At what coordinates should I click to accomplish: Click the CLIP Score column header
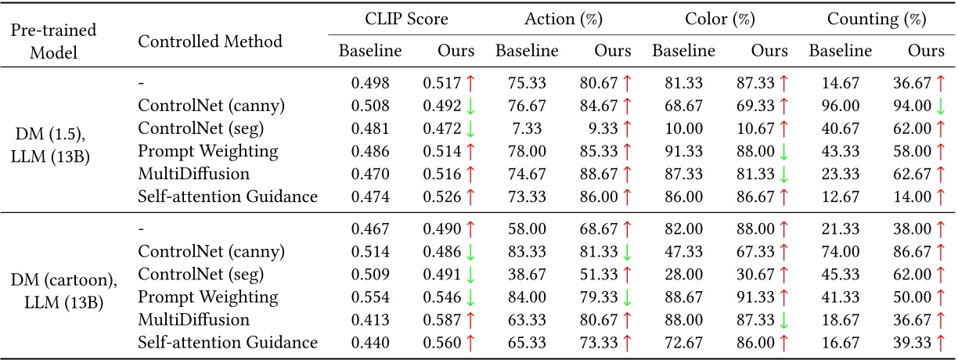[x=406, y=18]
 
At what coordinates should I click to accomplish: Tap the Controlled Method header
[x=210, y=41]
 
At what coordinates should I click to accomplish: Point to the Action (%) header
[x=563, y=18]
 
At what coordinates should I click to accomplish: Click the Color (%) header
[x=720, y=18]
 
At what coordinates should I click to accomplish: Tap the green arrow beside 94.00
[x=939, y=106]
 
